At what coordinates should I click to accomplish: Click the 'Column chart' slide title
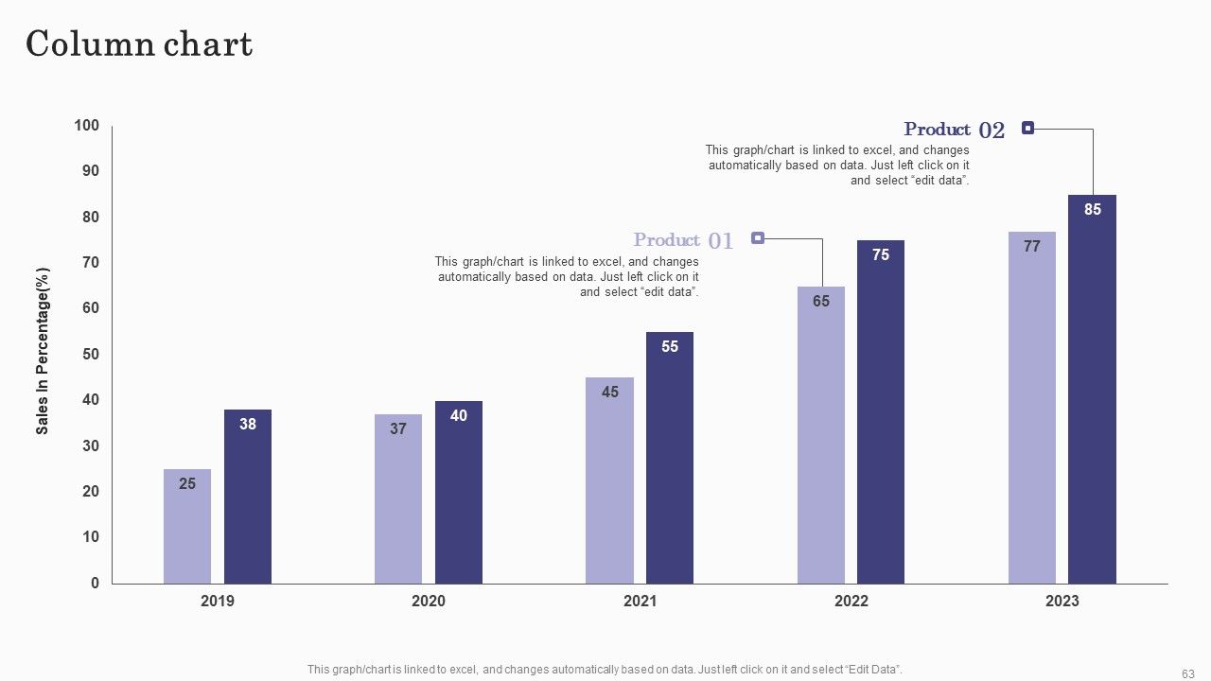[139, 44]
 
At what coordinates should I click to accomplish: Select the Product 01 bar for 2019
[187, 527]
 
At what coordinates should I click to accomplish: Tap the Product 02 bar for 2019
[248, 497]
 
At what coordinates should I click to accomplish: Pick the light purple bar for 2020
[398, 498]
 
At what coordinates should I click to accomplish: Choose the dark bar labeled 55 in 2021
[669, 458]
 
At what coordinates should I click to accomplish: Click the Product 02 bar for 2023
[1092, 389]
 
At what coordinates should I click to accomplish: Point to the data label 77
[1031, 247]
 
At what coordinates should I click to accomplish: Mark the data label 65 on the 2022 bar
[820, 301]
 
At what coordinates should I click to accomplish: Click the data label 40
[459, 415]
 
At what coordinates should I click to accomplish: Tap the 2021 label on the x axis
[641, 601]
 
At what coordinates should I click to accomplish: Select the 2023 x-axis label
[1062, 601]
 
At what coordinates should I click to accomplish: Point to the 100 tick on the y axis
[86, 126]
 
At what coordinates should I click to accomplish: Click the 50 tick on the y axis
[91, 354]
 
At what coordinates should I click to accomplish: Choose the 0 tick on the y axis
[96, 583]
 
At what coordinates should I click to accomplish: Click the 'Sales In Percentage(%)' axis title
[43, 351]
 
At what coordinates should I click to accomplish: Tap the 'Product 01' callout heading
[683, 240]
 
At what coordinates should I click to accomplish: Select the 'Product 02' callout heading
[955, 130]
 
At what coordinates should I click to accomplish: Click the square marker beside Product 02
[1027, 128]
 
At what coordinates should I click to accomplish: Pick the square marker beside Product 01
[758, 237]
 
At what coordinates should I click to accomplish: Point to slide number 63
[1188, 674]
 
